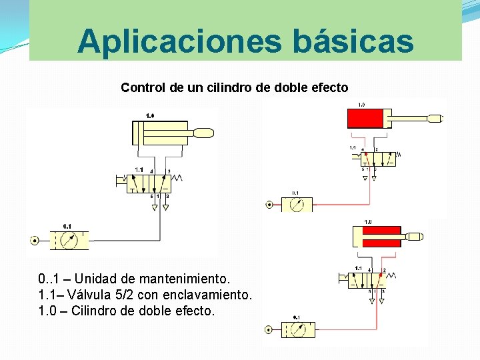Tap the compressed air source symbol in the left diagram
(34, 240)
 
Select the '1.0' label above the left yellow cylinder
(150, 116)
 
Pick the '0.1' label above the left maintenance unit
(67, 227)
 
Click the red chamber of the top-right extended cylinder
(365, 119)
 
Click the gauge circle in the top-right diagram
(296, 205)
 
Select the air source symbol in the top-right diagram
(269, 205)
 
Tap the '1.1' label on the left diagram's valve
(139, 170)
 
